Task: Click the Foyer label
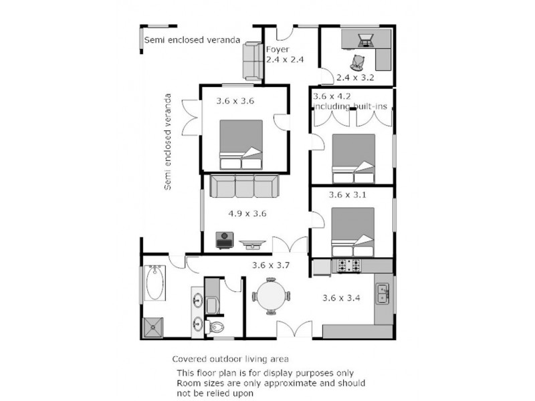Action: tap(278, 49)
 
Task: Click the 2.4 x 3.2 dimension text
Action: tap(356, 78)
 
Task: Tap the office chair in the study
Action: tap(359, 62)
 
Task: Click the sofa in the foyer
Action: tap(252, 60)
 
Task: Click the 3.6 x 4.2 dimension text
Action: tap(330, 96)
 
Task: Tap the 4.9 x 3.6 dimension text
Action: tap(247, 215)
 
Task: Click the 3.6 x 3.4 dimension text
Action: tap(342, 298)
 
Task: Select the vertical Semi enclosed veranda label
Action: tap(168, 142)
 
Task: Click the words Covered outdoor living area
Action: tap(231, 359)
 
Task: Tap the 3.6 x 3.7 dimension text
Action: tap(270, 265)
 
